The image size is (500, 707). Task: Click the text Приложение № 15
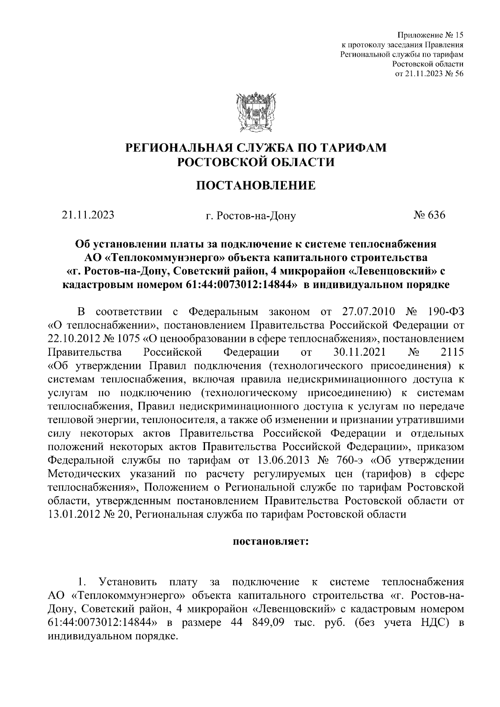click(x=430, y=35)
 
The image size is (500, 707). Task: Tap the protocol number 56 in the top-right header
click(x=459, y=74)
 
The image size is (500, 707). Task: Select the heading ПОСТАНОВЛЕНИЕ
click(x=256, y=185)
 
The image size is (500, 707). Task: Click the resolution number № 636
click(x=429, y=215)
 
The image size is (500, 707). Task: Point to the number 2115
click(x=452, y=352)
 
